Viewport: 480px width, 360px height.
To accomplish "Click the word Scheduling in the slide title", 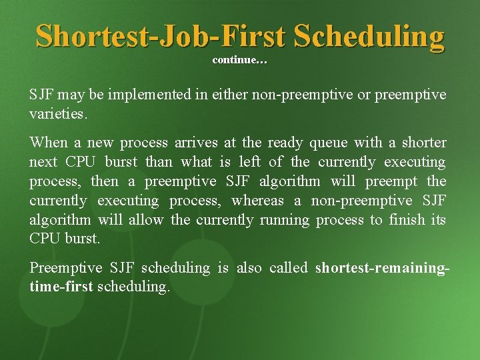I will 369,37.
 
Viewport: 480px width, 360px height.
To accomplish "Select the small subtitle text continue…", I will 239,61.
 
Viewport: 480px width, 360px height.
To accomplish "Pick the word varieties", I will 57,114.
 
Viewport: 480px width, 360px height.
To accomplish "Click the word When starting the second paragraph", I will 48,143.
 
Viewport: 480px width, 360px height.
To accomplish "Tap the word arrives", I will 198,143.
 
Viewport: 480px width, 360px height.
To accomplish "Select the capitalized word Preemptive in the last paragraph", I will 65,268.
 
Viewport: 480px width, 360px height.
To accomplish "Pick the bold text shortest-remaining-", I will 381,268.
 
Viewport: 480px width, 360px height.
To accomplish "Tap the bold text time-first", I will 61,287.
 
